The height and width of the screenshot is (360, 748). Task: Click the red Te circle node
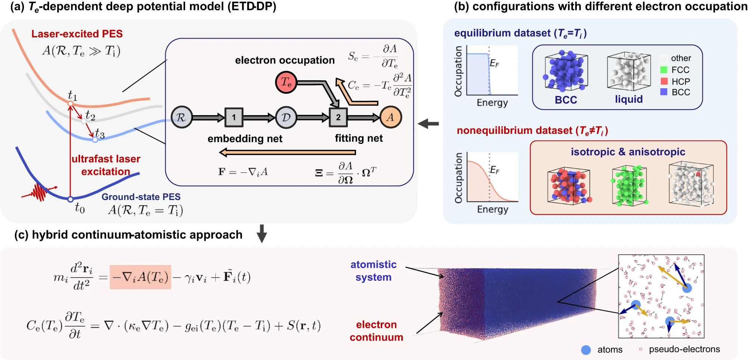point(286,82)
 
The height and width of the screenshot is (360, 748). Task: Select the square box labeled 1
point(234,117)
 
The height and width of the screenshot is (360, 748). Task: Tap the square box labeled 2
point(338,117)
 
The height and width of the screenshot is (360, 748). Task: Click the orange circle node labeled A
point(390,117)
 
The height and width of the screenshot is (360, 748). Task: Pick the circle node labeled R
point(182,117)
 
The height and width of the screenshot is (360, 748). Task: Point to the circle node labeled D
point(286,117)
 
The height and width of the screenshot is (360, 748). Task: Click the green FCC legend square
point(664,70)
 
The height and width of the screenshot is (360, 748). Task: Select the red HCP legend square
point(664,81)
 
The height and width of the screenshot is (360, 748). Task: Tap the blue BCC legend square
point(664,92)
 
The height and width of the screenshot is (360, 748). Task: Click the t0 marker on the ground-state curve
point(70,199)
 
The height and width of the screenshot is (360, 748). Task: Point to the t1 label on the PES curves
point(73,96)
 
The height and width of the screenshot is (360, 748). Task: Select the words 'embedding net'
point(245,139)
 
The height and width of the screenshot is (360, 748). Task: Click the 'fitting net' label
point(359,138)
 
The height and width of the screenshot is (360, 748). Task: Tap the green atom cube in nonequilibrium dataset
point(629,186)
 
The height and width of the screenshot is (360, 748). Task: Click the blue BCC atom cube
point(566,71)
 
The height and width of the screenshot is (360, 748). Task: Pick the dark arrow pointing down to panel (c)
point(262,234)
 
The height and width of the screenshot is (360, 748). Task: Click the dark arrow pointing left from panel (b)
point(428,123)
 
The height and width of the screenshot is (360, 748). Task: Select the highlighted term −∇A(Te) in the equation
point(140,277)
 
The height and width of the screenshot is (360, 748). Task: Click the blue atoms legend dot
point(586,350)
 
